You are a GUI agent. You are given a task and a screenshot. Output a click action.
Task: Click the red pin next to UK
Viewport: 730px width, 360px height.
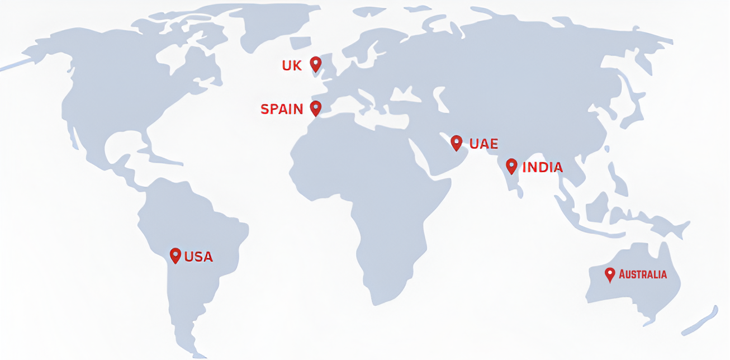coord(316,64)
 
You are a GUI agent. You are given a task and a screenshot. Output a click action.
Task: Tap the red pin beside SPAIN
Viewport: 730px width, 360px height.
coord(316,108)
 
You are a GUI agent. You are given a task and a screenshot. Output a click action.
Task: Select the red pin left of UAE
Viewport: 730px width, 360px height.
coord(457,143)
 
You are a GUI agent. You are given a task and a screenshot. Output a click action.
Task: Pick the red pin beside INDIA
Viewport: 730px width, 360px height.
coord(511,165)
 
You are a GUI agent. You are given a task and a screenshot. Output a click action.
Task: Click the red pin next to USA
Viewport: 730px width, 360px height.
coord(176,255)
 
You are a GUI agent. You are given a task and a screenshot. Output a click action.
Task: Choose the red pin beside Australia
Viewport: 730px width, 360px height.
coord(610,274)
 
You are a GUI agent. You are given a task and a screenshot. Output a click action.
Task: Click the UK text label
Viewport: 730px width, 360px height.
coord(292,66)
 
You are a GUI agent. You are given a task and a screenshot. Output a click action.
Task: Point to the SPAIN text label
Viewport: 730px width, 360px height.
coord(282,109)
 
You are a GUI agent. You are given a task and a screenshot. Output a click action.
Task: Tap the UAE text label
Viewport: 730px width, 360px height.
coord(483,144)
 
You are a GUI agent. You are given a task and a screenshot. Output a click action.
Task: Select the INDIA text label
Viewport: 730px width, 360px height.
coord(543,167)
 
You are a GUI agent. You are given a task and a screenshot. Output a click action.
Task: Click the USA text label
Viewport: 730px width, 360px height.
coord(199,257)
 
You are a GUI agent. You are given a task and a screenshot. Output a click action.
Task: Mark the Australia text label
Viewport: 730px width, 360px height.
coord(643,274)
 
